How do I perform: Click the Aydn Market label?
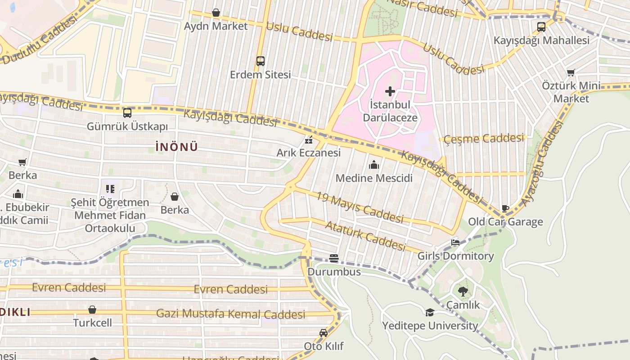[216, 26]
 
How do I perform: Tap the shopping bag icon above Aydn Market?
[216, 13]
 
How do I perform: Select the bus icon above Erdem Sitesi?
[260, 61]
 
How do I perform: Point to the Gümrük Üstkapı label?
[127, 126]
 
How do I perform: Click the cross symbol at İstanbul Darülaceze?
[390, 91]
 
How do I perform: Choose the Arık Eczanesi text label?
[309, 153]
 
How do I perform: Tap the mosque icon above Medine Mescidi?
[374, 165]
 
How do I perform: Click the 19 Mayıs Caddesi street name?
[359, 207]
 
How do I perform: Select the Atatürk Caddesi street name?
[365, 235]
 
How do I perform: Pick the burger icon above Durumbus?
[334, 258]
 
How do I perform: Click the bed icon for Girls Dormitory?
[455, 243]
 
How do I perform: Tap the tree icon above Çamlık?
[463, 292]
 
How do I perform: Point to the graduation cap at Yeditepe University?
[430, 312]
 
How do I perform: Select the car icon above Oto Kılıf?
[323, 333]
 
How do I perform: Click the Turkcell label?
[92, 323]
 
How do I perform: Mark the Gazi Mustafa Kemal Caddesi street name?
[230, 314]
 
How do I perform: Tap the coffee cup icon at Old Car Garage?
[505, 209]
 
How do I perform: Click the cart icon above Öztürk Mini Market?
[571, 72]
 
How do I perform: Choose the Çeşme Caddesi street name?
[484, 139]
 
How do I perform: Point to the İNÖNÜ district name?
[176, 147]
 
